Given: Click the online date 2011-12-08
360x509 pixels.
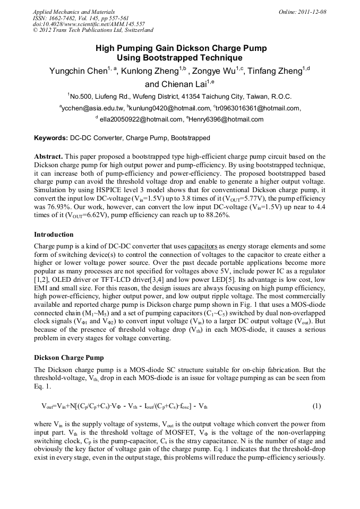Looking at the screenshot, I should pos(311,12).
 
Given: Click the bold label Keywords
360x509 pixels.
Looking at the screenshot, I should pos(51,138).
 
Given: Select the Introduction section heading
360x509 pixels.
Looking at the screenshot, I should pos(54,235).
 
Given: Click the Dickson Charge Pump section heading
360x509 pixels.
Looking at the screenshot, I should pos(68,358).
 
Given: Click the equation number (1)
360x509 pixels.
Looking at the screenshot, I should pos(316,406).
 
